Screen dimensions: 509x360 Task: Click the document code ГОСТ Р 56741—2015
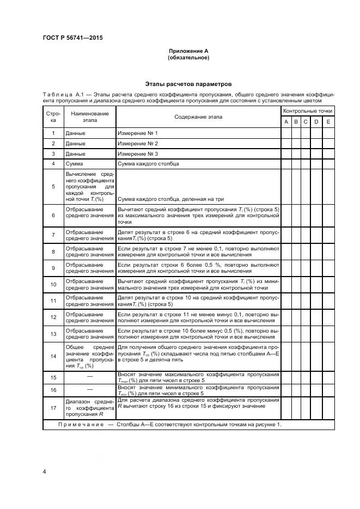(72, 38)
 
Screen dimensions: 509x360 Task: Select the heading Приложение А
(188, 51)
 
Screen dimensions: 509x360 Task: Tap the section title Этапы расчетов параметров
(188, 84)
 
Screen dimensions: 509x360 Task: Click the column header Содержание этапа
(198, 116)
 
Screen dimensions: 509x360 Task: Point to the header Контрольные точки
(307, 111)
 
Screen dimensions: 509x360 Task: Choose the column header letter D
(315, 122)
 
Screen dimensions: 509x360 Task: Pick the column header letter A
(286, 122)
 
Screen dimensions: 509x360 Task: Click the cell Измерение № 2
(138, 143)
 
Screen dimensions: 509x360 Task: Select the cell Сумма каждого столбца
(148, 163)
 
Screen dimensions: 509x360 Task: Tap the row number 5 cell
(53, 186)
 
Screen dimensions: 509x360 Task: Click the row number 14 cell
(53, 356)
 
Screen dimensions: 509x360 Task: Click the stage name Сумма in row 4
(74, 163)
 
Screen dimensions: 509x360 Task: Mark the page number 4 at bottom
(44, 471)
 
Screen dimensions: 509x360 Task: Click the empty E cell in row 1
(328, 133)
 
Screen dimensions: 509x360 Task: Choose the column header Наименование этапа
(90, 116)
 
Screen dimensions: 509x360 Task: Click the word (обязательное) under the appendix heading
(188, 58)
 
